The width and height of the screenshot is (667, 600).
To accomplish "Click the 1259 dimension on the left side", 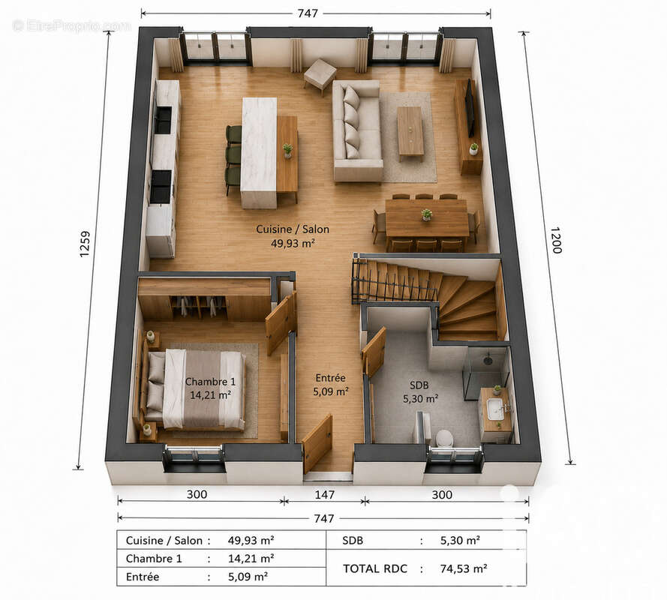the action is click(85, 244).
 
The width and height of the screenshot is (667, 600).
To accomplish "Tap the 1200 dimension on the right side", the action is click(556, 240).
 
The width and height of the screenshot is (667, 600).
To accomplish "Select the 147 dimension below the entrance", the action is click(325, 494).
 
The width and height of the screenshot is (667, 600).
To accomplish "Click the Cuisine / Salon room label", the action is click(293, 229).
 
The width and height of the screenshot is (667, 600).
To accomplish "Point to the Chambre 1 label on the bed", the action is click(210, 382).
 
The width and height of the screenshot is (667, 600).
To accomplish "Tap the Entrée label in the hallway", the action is click(331, 377).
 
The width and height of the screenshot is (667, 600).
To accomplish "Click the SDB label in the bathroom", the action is click(419, 385).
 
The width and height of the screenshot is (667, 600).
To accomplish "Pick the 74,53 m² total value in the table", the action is click(464, 568).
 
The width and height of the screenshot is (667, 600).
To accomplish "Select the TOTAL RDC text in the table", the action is click(375, 568).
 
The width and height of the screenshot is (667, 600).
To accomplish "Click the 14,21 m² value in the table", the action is click(251, 558).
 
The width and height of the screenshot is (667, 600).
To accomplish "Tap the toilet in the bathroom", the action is click(444, 438).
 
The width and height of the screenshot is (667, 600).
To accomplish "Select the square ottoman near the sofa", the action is click(320, 75).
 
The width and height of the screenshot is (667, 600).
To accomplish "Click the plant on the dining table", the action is click(426, 214).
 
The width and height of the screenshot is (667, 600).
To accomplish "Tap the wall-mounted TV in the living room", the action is click(470, 108).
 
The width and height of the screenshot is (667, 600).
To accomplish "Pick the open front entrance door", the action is click(317, 444).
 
